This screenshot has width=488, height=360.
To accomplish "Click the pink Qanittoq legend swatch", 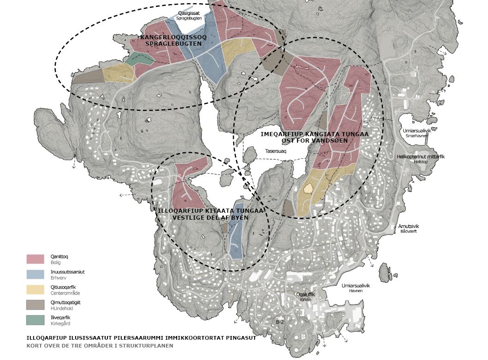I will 35,259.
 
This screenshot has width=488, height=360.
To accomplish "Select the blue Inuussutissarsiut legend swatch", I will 35,274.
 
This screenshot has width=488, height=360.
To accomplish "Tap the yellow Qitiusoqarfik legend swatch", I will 35,289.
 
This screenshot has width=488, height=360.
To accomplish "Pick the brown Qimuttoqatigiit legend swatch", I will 35,305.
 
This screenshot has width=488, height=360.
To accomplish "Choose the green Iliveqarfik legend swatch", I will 35,320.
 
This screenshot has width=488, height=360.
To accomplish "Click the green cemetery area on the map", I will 140,59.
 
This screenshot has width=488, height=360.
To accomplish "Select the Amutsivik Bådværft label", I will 409,228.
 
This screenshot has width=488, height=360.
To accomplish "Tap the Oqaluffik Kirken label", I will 305,296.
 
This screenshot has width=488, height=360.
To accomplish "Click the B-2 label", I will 280,322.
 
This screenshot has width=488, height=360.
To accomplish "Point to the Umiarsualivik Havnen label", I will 356,288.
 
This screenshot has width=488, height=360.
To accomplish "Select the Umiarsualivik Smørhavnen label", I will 417,133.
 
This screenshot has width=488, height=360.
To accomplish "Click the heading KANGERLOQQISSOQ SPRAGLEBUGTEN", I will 173,40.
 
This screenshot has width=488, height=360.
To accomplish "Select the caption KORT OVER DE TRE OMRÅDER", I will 99,345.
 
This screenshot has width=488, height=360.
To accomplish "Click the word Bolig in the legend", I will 56,262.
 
